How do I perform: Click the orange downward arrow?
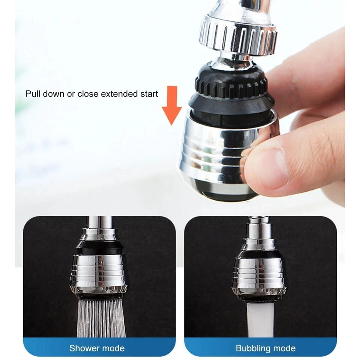point(172,106)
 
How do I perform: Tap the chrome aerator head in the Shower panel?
point(99,274)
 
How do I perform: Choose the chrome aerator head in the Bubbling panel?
point(259,276)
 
